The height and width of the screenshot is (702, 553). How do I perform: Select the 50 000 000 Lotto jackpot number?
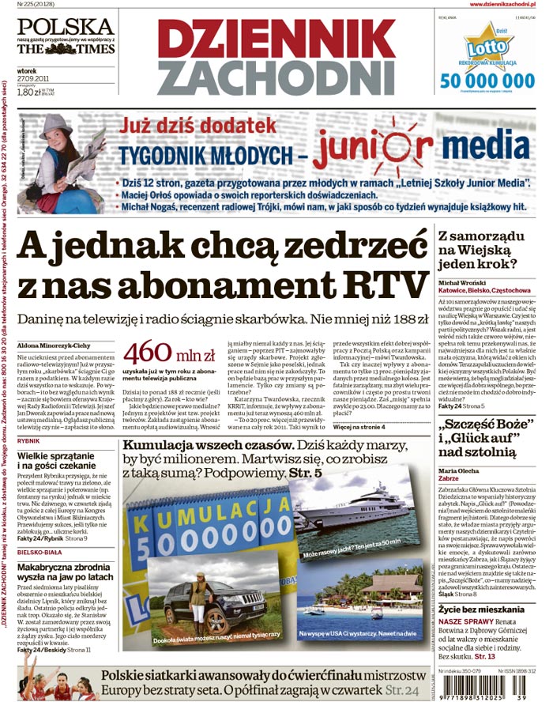(487, 81)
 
